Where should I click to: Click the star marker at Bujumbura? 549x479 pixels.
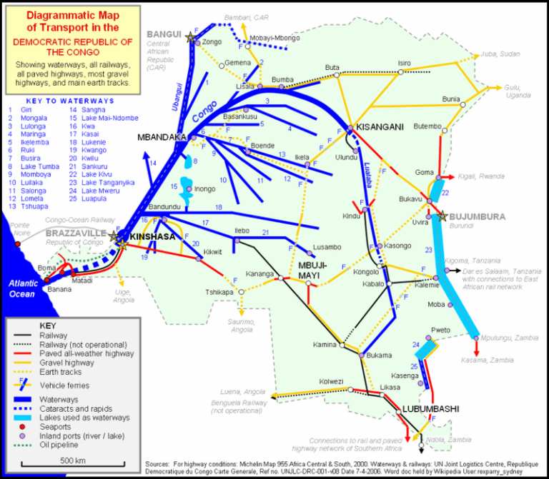click(x=443, y=216)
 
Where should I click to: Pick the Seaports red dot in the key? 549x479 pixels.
click(x=23, y=427)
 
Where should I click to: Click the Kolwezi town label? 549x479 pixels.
click(x=333, y=380)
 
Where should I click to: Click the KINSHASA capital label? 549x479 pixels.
click(x=152, y=236)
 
